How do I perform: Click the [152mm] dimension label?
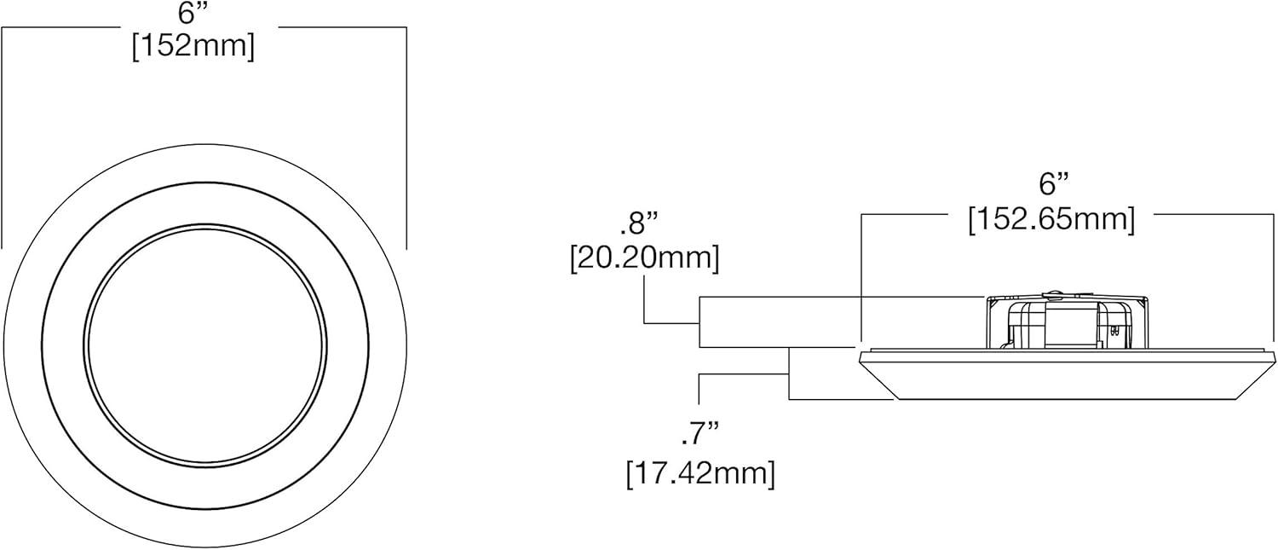pos(193,46)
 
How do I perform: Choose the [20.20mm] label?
pos(644,258)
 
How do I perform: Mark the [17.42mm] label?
pos(700,473)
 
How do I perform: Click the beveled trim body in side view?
pos(1065,375)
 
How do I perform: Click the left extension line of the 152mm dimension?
pos(3,136)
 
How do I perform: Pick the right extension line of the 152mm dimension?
pos(406,136)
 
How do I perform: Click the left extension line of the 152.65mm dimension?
pos(862,281)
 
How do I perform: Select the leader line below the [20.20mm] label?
pos(645,298)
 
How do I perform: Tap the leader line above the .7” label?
pos(699,388)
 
